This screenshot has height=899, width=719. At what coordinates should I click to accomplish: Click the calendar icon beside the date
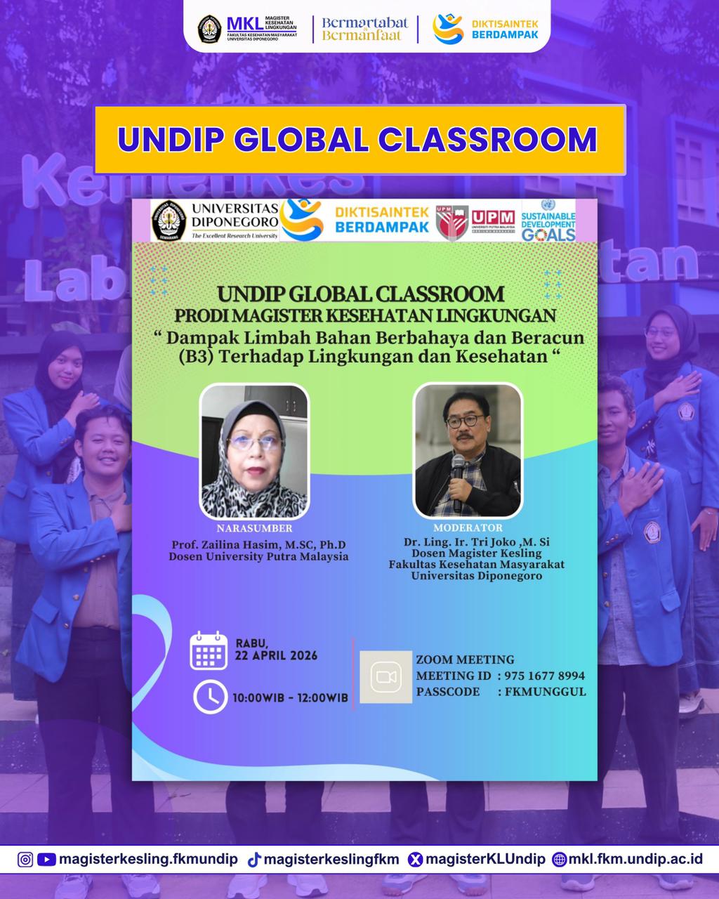click(x=209, y=650)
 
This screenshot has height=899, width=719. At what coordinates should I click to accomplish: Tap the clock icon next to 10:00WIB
click(x=210, y=697)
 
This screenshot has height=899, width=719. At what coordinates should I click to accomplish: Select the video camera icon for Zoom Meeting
click(x=386, y=677)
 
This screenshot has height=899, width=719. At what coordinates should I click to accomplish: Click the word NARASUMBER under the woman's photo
click(x=254, y=528)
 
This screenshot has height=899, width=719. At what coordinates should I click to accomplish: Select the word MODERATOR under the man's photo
click(x=468, y=527)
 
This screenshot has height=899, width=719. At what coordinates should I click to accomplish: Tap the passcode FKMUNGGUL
click(x=545, y=692)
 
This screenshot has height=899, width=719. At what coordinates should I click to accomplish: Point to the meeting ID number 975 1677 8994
click(x=544, y=676)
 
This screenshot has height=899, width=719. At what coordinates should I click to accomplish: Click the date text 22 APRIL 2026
click(x=276, y=655)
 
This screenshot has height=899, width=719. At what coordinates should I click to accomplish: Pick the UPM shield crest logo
click(x=451, y=223)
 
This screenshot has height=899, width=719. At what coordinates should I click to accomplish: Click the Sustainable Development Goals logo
click(x=548, y=221)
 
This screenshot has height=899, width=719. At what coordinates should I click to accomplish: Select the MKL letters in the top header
click(x=245, y=24)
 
